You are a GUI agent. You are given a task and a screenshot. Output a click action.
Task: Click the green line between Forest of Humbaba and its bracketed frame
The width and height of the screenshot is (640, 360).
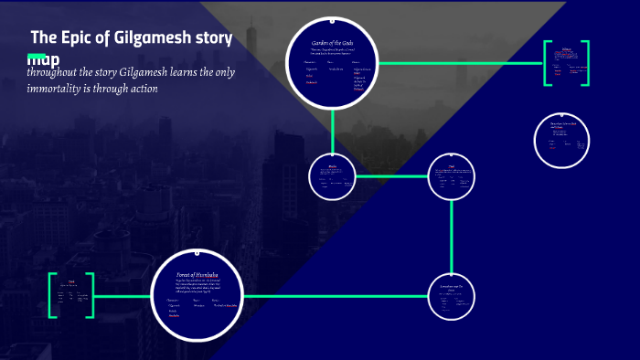coord(122,296)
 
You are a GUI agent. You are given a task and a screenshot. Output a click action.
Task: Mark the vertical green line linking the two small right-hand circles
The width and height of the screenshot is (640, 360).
coord(453,234)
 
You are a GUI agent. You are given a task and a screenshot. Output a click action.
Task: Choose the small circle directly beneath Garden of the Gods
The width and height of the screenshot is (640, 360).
coord(333,177)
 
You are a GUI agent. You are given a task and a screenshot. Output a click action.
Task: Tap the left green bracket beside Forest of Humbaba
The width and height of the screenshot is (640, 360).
coord(51,295)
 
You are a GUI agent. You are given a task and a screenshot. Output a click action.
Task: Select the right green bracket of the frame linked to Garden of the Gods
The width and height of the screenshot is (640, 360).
coord(585,63)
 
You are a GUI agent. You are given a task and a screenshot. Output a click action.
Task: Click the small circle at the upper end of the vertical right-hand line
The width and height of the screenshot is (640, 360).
coord(453,176)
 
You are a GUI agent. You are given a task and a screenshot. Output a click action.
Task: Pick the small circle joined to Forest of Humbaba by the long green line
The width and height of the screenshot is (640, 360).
coord(453,296)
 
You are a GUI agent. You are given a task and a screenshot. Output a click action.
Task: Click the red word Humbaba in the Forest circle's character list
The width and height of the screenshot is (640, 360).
coord(174,316)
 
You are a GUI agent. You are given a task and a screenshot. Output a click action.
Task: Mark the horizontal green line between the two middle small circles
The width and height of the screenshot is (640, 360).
coord(392,176)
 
